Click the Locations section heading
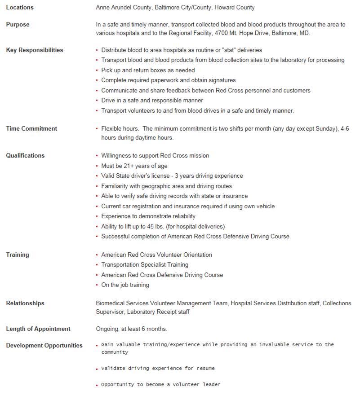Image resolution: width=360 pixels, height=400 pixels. [x=20, y=7]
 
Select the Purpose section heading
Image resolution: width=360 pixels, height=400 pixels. [x=18, y=25]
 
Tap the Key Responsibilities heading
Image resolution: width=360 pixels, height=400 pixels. [x=35, y=50]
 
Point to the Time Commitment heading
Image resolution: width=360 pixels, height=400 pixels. [x=31, y=129]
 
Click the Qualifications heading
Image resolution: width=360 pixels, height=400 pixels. [x=25, y=156]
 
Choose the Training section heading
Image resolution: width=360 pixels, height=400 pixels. [x=18, y=255]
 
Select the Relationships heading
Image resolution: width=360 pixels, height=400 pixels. [x=25, y=303]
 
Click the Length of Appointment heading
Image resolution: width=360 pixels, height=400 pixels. [x=38, y=329]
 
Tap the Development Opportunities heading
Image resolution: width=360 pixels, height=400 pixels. [x=44, y=345]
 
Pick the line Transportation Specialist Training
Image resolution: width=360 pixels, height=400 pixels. [x=145, y=265]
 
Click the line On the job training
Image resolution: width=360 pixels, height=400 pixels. [x=125, y=285]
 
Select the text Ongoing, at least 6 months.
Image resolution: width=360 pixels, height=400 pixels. [x=131, y=329]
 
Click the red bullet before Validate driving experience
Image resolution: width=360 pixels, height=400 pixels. [x=97, y=369]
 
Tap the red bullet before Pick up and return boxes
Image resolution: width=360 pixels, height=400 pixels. [x=97, y=71]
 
